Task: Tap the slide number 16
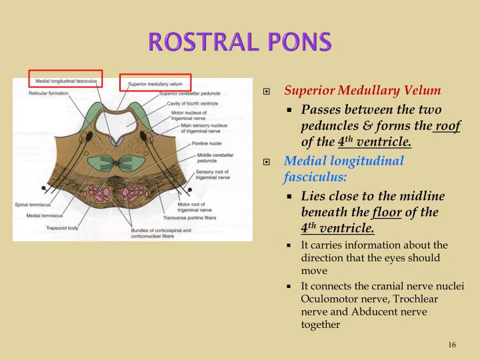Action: coord(452,344)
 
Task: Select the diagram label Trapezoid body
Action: coord(64,227)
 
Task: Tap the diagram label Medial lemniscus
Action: coord(45,216)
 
